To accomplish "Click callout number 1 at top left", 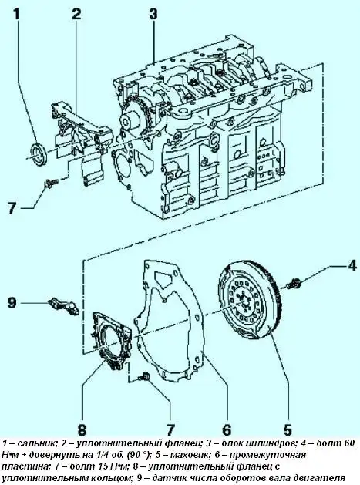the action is (17, 15).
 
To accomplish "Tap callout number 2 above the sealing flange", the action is (76, 15).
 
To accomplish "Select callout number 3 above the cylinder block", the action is (153, 15).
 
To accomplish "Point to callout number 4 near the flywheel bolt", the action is (352, 265).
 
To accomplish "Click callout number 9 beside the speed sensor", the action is (12, 302).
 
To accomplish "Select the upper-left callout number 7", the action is (12, 207).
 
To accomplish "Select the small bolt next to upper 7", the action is (50, 183).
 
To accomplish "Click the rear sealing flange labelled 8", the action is (110, 341).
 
